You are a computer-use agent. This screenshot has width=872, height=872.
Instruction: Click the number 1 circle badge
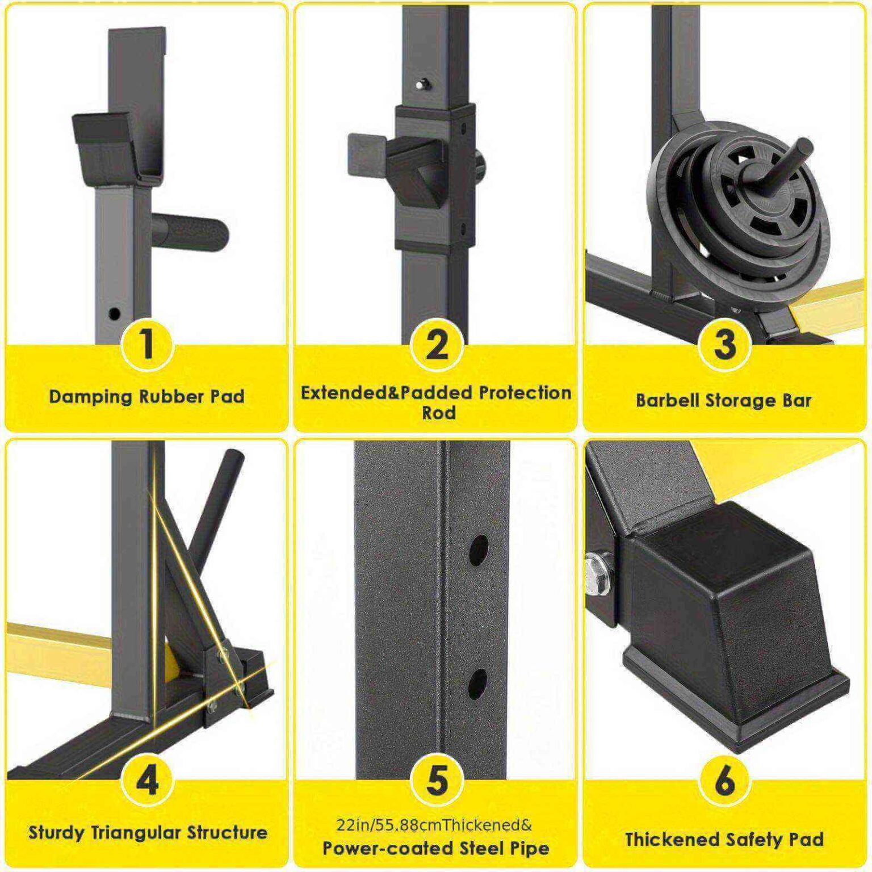pos(147,345)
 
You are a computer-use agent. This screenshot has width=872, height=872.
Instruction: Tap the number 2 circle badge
pos(436,345)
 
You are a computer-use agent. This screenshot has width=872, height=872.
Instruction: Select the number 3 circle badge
pos(724,345)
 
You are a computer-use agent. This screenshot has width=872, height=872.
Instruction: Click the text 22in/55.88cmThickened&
pos(434,824)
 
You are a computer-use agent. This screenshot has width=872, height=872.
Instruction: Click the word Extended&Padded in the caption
pos(386,393)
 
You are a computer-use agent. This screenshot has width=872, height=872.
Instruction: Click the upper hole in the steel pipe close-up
pos(478,548)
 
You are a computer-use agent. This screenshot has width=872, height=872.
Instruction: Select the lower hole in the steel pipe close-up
pos(478,684)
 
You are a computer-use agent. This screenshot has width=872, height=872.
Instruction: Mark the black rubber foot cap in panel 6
pos(732,624)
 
